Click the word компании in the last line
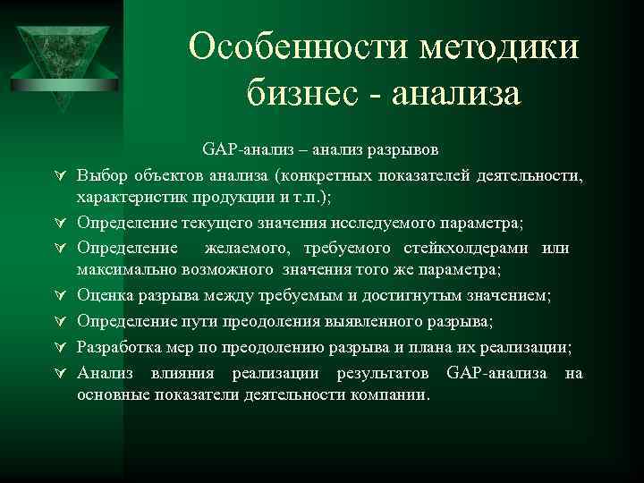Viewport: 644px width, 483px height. coord(390,394)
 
